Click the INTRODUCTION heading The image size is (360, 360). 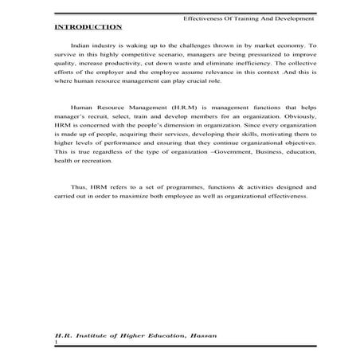point(88,27)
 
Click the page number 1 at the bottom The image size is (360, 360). point(56,344)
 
